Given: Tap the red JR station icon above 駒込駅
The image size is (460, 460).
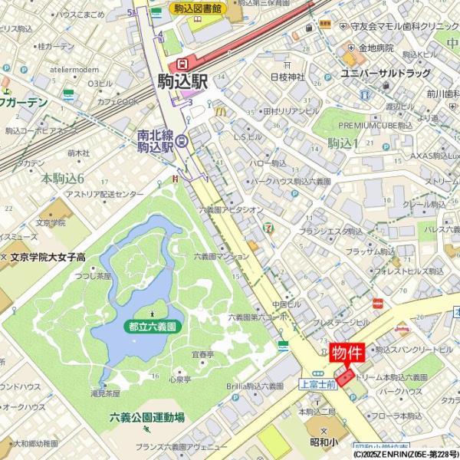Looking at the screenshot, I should point(182,64).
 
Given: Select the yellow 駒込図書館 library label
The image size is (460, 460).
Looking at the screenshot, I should point(198,8).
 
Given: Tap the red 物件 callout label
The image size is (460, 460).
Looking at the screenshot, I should point(347,353).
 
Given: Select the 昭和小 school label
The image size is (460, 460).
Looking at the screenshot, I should point(324,442).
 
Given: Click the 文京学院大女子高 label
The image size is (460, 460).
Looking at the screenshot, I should point(47,258).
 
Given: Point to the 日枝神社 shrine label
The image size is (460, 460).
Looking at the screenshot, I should point(287,77).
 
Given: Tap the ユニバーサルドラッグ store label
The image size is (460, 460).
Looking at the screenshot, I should point(386,74).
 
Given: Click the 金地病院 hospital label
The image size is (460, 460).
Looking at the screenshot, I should point(376,48).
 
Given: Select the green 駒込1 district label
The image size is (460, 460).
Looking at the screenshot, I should point(343,143).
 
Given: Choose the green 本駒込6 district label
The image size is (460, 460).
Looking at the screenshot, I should point(62,178).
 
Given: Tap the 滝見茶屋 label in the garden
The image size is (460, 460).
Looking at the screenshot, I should point(105,393).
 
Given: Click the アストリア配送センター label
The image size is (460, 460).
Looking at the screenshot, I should point(104,194).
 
